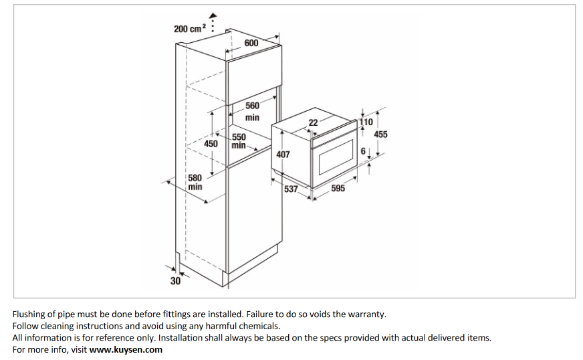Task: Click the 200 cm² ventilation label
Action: (190, 29)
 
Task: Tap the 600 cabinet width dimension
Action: (251, 43)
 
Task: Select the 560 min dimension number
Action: (252, 106)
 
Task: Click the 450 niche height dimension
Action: (211, 144)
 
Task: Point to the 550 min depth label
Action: (239, 141)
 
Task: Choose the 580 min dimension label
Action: (195, 183)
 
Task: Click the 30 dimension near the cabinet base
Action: (175, 280)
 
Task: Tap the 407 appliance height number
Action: (283, 155)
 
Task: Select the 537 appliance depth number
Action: (291, 189)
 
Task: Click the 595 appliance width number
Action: (338, 189)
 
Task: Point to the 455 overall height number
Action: (380, 134)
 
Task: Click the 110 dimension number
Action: (366, 122)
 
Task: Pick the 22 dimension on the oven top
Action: (314, 123)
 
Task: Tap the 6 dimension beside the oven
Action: (363, 151)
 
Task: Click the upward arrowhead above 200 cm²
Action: (213, 15)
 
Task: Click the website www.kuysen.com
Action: (126, 350)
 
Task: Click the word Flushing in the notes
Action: (28, 314)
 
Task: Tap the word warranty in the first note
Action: (366, 314)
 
